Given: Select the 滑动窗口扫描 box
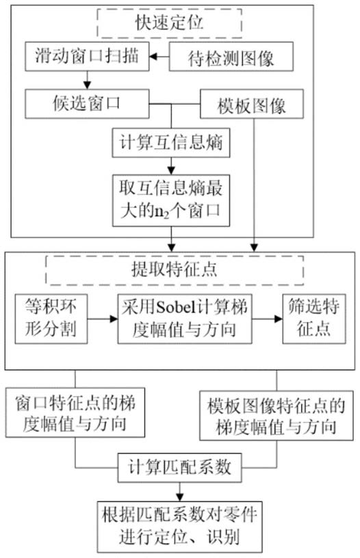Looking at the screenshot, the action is [87, 56].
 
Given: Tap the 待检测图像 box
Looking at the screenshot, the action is [231, 57].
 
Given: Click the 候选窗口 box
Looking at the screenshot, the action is [87, 104].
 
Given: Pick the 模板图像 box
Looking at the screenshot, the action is [252, 104].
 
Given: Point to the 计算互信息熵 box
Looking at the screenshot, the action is [171, 143].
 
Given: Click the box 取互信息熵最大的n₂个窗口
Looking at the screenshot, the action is [171, 200].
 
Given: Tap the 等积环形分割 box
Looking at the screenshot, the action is [51, 319].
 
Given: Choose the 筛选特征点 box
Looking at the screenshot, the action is [314, 319].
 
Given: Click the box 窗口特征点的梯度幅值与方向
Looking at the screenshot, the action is [75, 412].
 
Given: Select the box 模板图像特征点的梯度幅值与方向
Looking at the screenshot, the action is [277, 416].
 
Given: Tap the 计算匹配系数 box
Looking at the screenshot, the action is [180, 467].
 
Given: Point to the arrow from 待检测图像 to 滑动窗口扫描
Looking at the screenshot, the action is [159, 57].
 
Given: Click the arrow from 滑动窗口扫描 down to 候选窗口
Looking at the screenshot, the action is [87, 80].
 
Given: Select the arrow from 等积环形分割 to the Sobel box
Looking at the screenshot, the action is [103, 319].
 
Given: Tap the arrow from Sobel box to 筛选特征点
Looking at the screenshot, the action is [268, 319].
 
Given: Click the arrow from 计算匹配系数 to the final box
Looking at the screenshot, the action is [180, 492].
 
